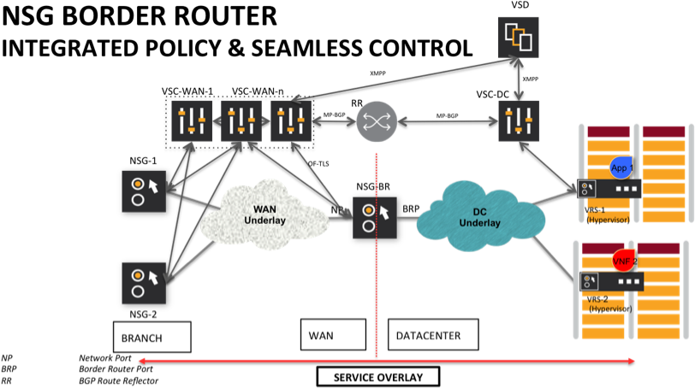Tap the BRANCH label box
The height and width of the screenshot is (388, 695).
[x=151, y=337]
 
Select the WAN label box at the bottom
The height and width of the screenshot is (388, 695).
[x=333, y=335]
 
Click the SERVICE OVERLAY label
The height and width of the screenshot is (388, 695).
[x=377, y=377]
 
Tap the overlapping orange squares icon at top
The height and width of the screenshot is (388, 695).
[x=519, y=37]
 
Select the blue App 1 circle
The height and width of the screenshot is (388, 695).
[x=621, y=168]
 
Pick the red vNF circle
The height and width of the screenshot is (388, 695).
[x=621, y=260]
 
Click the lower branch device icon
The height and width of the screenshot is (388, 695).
[x=144, y=283]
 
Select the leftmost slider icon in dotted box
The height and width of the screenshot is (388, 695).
[x=191, y=121]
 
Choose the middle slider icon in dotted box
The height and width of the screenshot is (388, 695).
[x=241, y=121]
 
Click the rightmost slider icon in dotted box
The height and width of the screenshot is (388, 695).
[x=291, y=121]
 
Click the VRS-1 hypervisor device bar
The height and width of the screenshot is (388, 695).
[x=610, y=188]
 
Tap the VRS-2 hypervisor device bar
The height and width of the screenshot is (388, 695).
[x=610, y=280]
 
